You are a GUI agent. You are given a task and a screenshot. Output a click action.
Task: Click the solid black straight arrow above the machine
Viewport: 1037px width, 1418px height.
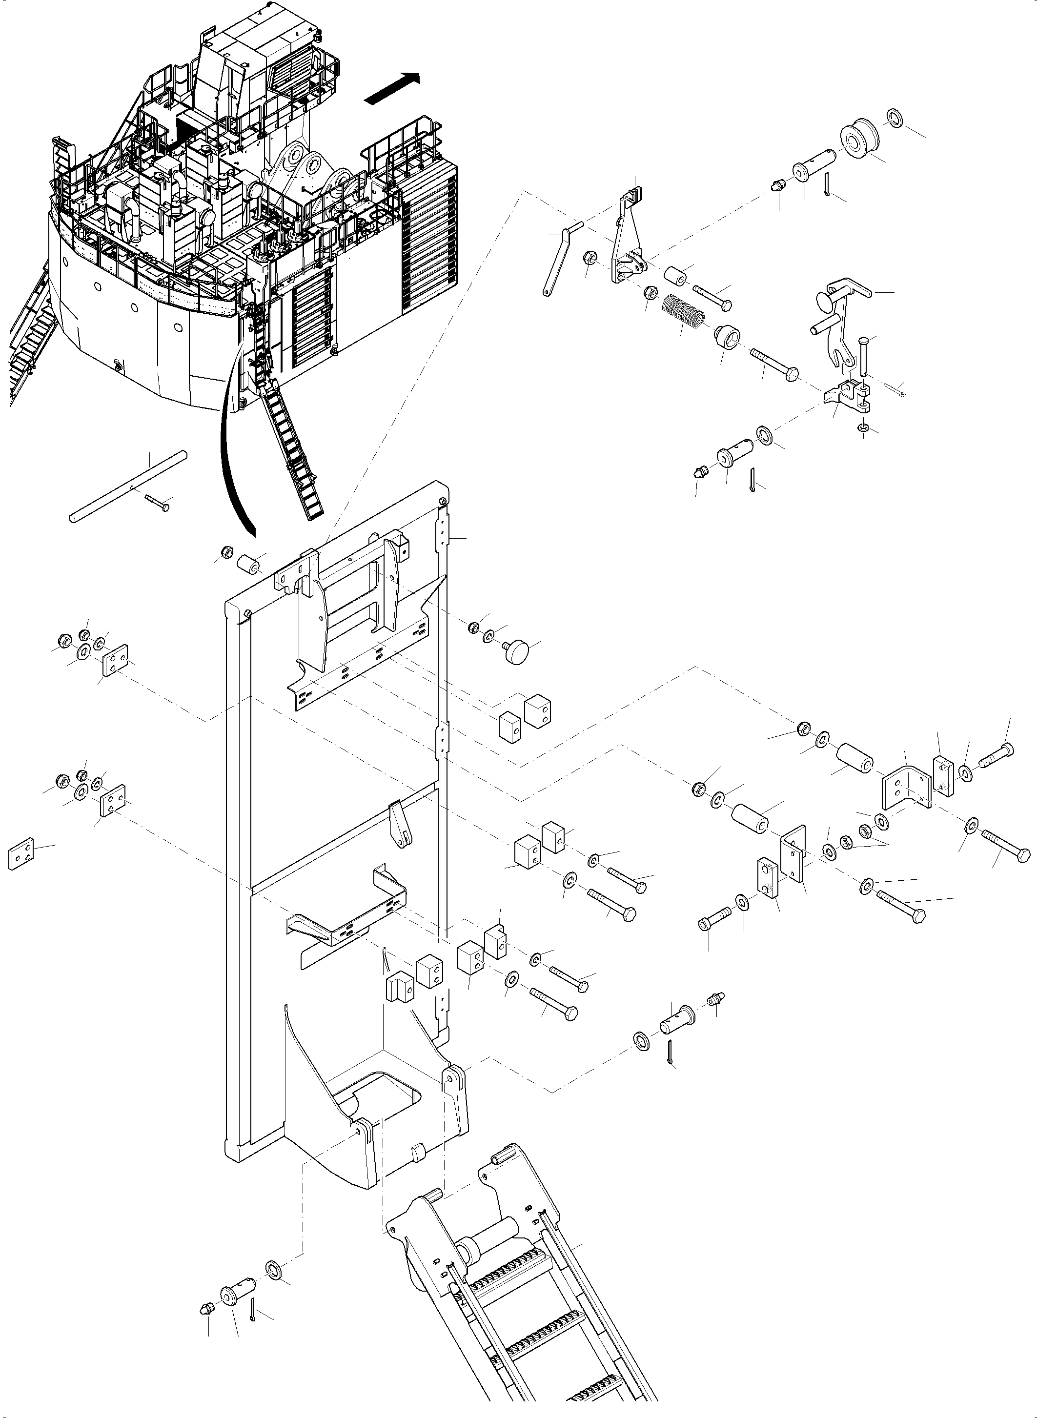point(390,88)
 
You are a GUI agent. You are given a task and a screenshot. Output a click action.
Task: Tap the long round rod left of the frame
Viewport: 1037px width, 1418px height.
point(129,486)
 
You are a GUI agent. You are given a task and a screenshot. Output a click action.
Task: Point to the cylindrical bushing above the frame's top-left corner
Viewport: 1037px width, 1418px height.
point(247,564)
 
